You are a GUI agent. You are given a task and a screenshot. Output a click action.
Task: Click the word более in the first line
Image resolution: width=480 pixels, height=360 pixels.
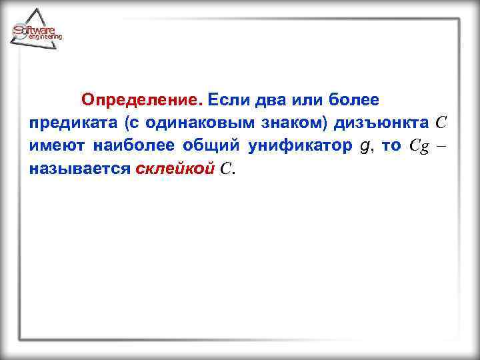coord(355,101)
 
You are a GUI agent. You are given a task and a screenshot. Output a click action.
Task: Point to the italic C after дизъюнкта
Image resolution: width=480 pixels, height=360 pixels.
coord(441,123)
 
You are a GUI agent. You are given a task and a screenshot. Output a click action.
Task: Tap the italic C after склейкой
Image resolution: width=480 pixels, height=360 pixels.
coord(225,169)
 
